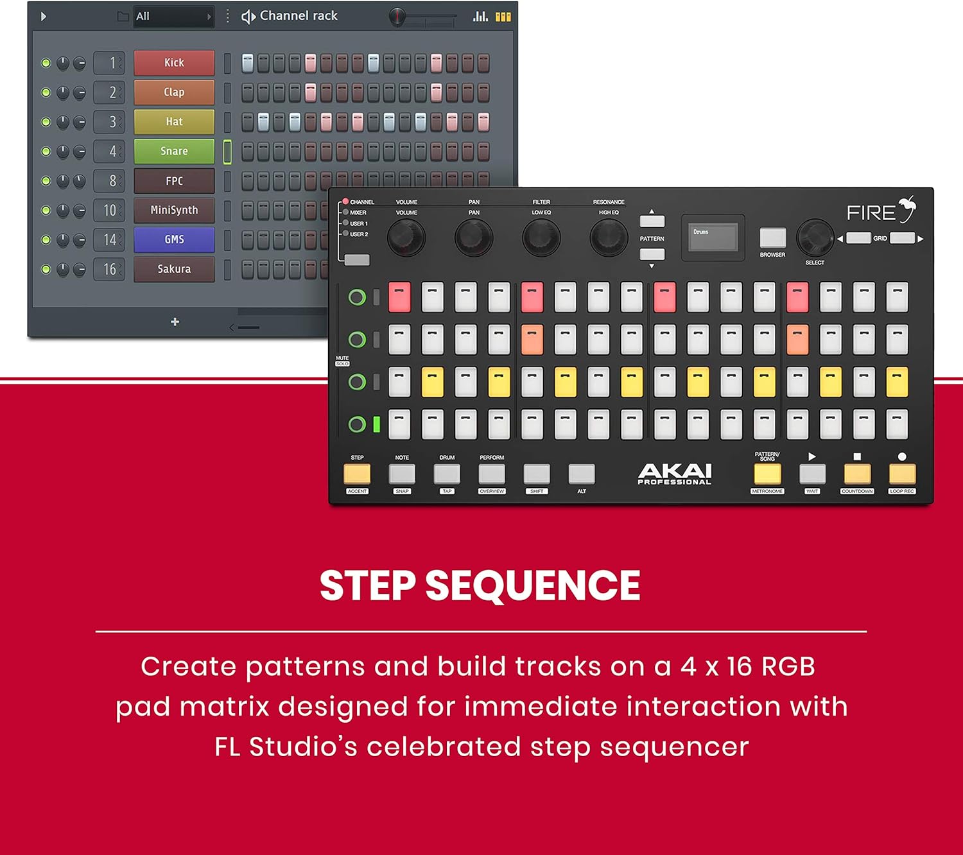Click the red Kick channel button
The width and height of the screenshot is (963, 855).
coord(174,63)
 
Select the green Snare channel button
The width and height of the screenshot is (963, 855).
coord(174,151)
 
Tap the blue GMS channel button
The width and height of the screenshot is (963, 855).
coord(174,239)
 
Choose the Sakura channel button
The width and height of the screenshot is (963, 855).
coord(174,269)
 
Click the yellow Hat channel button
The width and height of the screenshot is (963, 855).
coord(174,122)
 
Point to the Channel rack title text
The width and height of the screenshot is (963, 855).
coord(298,16)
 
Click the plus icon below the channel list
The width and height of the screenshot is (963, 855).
coord(175,322)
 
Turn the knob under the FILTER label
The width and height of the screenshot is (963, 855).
coord(541,237)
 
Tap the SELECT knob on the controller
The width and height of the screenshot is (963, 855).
coord(815,237)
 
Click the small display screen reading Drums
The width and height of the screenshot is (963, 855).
coord(713,237)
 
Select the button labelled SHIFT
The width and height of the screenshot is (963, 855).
coord(537,474)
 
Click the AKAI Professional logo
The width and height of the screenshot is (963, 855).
coord(674,474)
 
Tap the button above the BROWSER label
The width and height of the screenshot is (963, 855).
coord(772,237)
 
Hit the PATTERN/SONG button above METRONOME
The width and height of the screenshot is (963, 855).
coord(767,474)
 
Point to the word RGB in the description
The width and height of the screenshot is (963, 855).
coord(788,667)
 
